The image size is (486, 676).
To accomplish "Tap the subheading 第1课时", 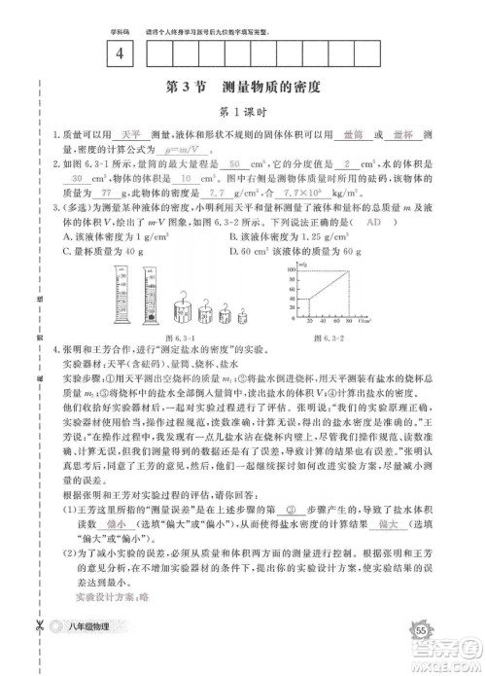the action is (243, 111).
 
